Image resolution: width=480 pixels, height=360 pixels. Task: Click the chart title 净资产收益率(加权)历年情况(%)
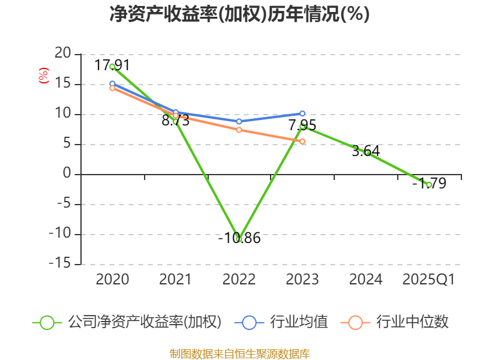tap(240, 14)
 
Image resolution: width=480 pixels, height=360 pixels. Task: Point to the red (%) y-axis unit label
tap(43, 76)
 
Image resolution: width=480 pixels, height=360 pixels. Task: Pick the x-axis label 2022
tap(239, 280)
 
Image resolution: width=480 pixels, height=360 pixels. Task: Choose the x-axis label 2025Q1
tap(428, 280)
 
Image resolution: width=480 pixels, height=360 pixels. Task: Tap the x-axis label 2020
tap(112, 280)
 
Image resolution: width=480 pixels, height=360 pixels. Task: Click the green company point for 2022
tap(239, 239)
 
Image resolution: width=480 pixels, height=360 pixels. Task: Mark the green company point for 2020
tap(112, 67)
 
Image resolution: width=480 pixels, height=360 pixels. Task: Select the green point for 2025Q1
tap(429, 184)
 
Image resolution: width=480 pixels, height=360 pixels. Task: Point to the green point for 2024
tap(366, 152)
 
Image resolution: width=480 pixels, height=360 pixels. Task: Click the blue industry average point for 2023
tap(302, 113)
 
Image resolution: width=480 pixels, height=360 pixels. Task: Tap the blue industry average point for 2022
tap(239, 121)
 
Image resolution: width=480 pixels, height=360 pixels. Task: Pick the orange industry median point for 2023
tap(302, 142)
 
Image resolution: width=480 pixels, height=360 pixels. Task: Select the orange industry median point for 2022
tap(239, 130)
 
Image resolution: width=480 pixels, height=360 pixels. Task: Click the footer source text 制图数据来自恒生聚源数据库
tap(240, 353)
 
